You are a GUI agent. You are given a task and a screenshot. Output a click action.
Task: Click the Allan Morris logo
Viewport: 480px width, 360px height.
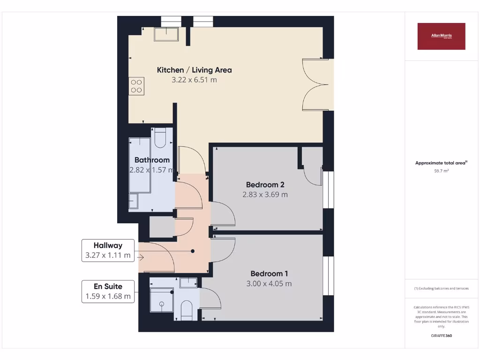(x=441, y=36)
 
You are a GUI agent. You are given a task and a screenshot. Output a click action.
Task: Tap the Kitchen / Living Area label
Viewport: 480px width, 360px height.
(x=194, y=70)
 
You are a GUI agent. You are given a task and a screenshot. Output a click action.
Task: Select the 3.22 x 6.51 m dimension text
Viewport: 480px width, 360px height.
(x=194, y=80)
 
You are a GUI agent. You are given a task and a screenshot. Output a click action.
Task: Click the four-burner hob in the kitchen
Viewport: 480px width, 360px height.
(x=136, y=86)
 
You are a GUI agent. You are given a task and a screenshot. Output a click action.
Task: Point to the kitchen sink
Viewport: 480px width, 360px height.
(x=166, y=34)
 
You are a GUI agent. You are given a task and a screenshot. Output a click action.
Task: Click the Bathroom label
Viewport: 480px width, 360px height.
(x=152, y=160)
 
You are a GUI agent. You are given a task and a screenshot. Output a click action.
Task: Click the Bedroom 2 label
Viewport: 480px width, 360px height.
(x=265, y=184)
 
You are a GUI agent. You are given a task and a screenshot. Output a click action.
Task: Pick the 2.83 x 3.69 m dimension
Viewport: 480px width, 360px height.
(x=265, y=195)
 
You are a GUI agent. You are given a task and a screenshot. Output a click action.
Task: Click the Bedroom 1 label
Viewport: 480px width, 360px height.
(x=269, y=274)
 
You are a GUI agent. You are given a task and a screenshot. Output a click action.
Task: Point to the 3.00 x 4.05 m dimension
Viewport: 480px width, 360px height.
(x=269, y=284)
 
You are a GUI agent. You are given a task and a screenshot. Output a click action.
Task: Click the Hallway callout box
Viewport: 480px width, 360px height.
(x=108, y=251)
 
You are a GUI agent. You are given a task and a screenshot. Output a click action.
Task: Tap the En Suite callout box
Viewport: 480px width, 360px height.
(x=108, y=291)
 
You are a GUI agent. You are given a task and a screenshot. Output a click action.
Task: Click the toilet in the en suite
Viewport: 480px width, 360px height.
(x=187, y=310)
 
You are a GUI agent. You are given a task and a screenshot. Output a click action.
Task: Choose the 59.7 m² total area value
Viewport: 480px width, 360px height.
(x=441, y=171)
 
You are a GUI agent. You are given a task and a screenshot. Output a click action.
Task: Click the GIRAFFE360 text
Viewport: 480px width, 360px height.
(x=441, y=336)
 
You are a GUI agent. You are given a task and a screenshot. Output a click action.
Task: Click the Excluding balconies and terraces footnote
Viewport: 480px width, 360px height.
(x=441, y=288)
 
